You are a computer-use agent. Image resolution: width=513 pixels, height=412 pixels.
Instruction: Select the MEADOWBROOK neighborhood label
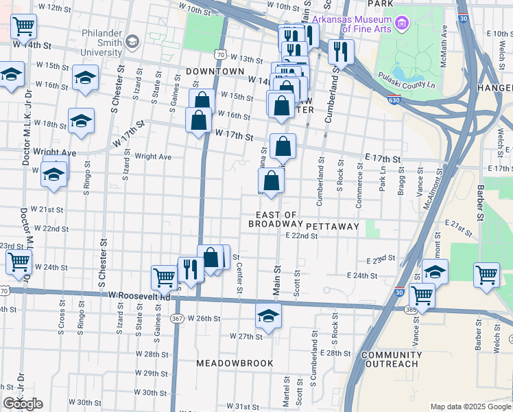point(235,363)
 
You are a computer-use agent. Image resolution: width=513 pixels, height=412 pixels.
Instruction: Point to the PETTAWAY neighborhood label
point(333,226)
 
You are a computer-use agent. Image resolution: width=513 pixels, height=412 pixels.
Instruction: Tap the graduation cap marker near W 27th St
point(269,317)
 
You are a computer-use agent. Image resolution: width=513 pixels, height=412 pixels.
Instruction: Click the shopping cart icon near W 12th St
point(23,27)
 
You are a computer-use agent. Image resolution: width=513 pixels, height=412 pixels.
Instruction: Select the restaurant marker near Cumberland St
point(340,50)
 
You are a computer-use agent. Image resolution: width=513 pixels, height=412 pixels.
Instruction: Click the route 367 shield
point(177,319)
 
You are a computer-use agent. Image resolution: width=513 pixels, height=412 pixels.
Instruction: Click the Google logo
point(23,404)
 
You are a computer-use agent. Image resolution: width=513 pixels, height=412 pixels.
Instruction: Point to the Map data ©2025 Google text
point(470,407)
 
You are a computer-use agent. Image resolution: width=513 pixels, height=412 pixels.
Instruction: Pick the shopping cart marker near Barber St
point(486,275)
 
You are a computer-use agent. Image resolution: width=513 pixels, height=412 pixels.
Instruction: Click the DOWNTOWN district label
point(215,71)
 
